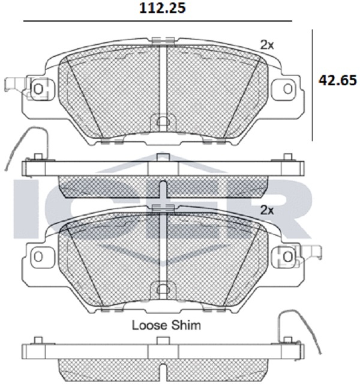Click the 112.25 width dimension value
pyautogui.click(x=163, y=8)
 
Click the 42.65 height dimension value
pyautogui.click(x=337, y=80)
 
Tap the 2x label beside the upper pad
pyautogui.click(x=267, y=45)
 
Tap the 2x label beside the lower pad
pyautogui.click(x=267, y=210)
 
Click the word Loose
pyautogui.click(x=149, y=325)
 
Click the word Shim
pyautogui.click(x=185, y=325)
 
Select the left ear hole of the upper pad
pyautogui.click(x=38, y=89)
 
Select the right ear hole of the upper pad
pyautogui.click(x=287, y=89)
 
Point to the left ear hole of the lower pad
pyautogui.click(x=38, y=256)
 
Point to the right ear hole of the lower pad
pyautogui.click(x=287, y=256)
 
